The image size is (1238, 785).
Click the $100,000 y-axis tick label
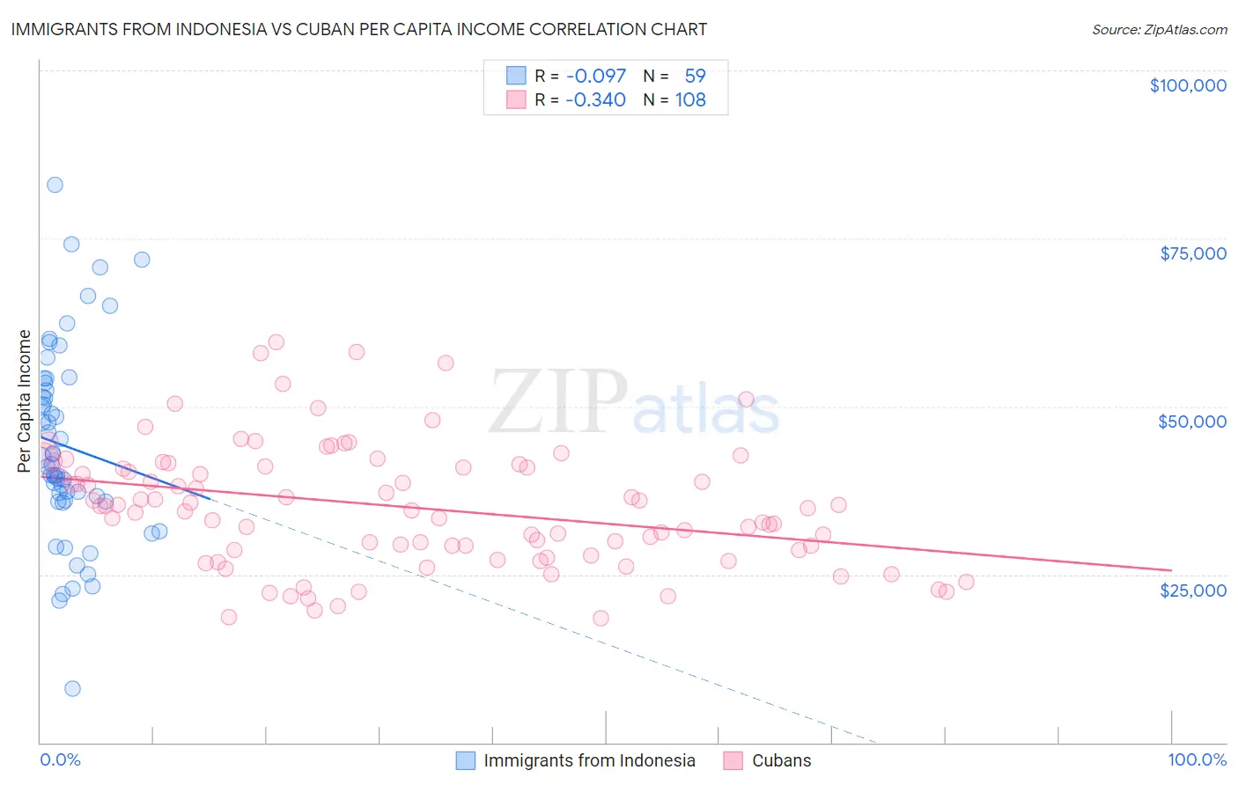pos(1188,85)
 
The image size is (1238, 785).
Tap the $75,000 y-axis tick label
pos(1193,253)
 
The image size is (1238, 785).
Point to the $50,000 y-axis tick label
pos(1192,422)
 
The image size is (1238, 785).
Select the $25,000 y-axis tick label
pos(1193,590)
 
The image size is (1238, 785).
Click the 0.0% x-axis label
pos(60,759)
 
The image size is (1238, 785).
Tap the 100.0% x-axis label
pos(1197,759)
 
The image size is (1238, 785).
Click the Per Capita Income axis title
pos(24,400)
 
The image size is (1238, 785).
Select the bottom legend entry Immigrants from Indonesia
pos(589,760)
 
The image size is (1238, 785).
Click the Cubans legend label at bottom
pos(781,760)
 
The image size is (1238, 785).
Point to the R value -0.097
pos(596,76)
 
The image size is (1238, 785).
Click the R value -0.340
pos(596,99)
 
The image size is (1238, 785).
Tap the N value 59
pos(695,76)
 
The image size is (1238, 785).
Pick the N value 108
pos(690,99)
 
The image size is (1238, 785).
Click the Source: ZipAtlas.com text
pos(1159,29)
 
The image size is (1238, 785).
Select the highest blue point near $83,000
pos(55,185)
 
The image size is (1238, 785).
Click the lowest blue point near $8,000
pos(72,688)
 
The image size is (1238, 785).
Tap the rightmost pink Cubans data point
pos(966,582)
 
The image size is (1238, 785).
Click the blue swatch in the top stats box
pos(516,76)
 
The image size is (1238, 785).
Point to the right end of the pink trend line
pos(1171,570)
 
